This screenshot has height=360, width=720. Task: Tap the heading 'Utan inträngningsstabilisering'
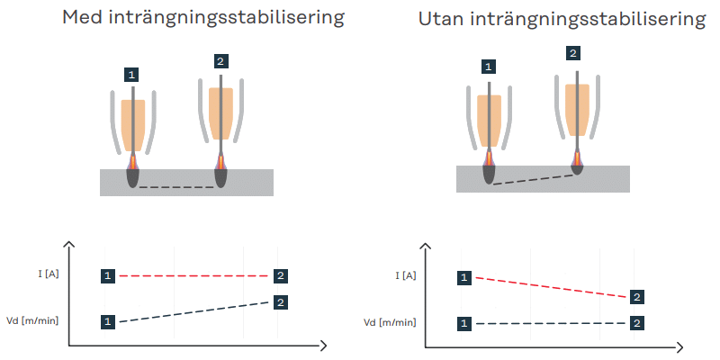(562, 19)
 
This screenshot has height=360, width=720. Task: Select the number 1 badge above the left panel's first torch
(133, 74)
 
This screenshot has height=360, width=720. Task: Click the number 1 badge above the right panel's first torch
(488, 67)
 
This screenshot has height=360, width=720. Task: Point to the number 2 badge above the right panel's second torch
(573, 54)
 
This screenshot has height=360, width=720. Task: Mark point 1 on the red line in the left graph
(108, 274)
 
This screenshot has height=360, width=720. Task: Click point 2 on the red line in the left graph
(281, 274)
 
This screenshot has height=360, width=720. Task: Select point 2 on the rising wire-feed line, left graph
(281, 302)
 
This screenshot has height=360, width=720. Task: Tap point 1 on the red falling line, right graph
(463, 277)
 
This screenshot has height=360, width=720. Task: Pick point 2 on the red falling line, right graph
(636, 297)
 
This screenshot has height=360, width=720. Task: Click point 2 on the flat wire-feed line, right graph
(636, 322)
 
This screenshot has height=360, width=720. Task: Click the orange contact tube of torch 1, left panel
(133, 123)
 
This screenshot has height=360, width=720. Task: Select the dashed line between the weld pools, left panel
(176, 187)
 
